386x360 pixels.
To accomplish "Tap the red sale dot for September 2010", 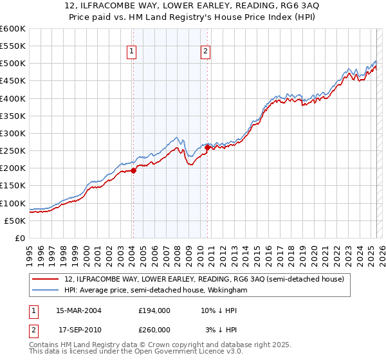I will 207,147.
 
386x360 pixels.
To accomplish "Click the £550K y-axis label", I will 14,46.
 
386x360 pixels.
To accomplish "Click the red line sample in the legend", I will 46,280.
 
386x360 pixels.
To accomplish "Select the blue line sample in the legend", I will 46,291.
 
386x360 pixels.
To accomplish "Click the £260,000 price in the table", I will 154,330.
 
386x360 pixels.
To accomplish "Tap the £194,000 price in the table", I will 154,310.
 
